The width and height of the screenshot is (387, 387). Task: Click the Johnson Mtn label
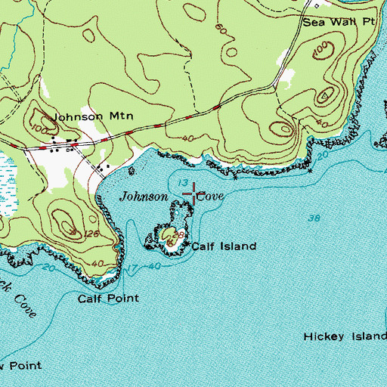(x=81, y=117)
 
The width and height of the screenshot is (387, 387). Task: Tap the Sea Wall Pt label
(x=339, y=23)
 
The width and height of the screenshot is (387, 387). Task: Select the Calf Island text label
(x=224, y=246)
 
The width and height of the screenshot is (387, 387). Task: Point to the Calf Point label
(x=109, y=299)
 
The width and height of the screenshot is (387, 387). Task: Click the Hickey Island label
(x=345, y=336)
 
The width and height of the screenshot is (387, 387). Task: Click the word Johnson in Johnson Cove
(x=144, y=197)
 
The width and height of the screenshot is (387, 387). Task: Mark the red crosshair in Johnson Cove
(x=196, y=193)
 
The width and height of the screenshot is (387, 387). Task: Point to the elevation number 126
(x=93, y=234)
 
